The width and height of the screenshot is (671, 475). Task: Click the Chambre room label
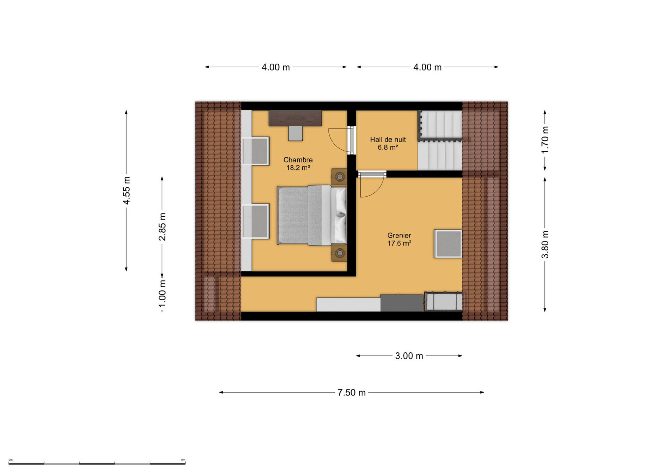coord(298,160)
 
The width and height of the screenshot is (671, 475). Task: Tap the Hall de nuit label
coord(388,140)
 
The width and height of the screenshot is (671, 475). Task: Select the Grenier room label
coord(399,236)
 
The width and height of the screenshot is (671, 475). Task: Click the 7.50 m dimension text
coord(351,393)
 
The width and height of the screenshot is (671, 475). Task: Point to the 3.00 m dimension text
coord(409,356)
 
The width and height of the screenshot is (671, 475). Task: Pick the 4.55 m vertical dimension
coord(127,191)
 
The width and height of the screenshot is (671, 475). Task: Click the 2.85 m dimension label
coord(162,227)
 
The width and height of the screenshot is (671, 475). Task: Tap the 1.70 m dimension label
coord(545,140)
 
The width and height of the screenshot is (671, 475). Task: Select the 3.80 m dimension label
coord(545,244)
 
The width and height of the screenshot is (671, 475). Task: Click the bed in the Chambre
coord(312,215)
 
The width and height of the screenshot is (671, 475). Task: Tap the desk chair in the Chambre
coord(295,133)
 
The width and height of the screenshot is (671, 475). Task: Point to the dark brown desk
coord(295,118)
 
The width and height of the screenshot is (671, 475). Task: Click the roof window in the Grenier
coord(448,244)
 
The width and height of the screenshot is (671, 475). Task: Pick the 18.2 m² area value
coord(298,168)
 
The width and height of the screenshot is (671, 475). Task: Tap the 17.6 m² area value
coord(399,243)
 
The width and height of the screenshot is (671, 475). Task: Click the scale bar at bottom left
coord(97,463)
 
